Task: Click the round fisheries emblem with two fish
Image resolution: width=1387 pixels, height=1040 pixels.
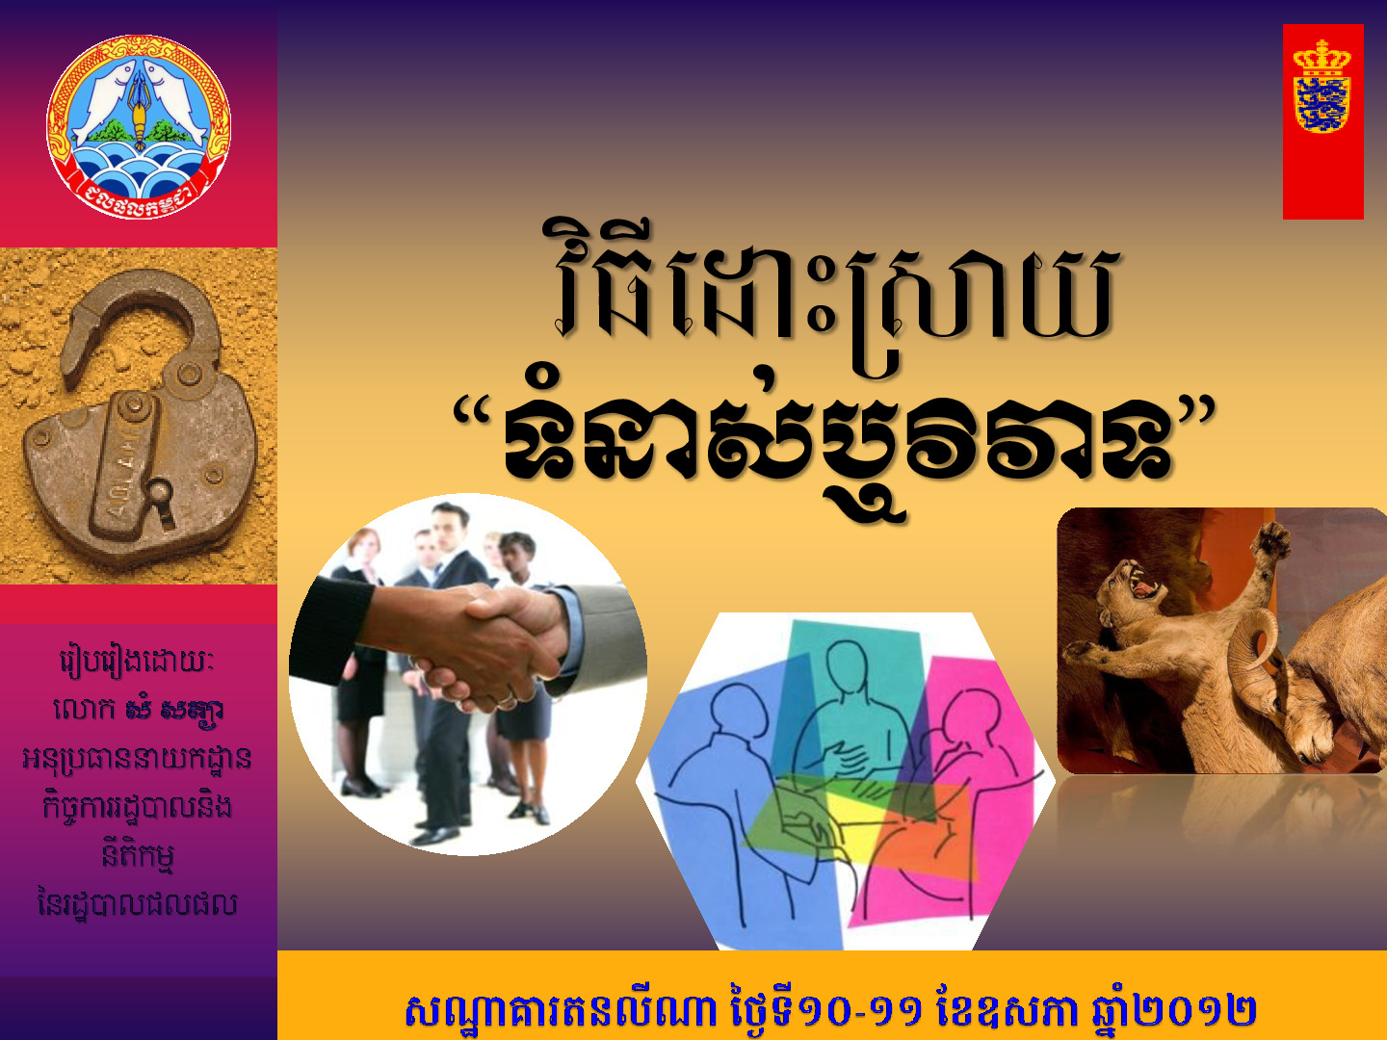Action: (139, 127)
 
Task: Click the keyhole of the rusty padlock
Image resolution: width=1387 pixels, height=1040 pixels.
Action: (161, 500)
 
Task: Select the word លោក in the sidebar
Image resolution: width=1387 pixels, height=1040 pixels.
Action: (84, 711)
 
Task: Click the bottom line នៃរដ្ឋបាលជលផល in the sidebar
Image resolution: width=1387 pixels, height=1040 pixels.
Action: (137, 904)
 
